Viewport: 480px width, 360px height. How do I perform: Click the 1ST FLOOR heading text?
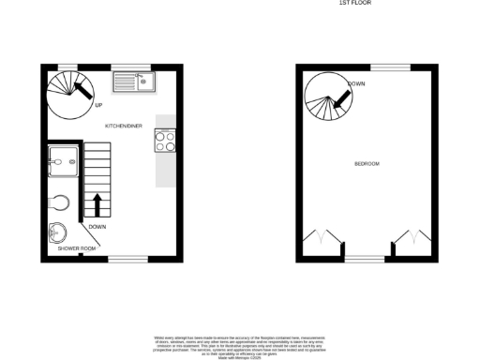354,4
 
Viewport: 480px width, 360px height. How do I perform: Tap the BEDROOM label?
367,164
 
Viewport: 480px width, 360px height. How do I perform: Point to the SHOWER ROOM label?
77,248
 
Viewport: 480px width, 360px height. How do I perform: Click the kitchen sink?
134,83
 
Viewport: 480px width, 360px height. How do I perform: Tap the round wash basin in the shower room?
57,232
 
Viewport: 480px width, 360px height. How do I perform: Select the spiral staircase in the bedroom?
327,97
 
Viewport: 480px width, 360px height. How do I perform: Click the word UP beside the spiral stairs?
98,104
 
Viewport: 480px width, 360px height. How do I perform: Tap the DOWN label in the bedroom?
356,84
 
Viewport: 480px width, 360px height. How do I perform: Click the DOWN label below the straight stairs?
97,227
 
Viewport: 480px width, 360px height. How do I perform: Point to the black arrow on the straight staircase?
97,205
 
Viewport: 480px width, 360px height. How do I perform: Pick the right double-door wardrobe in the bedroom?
410,237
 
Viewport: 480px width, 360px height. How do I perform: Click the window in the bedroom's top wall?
389,67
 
